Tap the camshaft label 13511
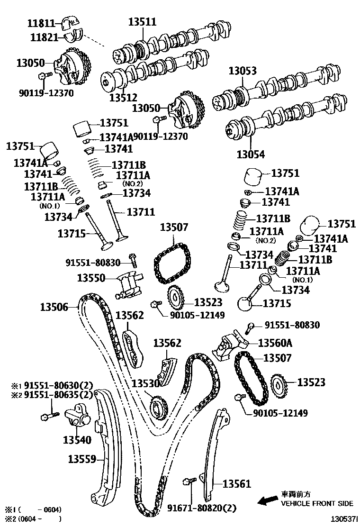[143, 22]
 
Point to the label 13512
[123, 98]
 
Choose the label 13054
[251, 154]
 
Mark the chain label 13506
[54, 307]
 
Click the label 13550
[91, 278]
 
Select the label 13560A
[275, 343]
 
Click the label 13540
[77, 440]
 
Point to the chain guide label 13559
[82, 459]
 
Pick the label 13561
[236, 484]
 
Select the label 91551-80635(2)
[58, 395]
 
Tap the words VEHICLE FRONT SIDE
[317, 503]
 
